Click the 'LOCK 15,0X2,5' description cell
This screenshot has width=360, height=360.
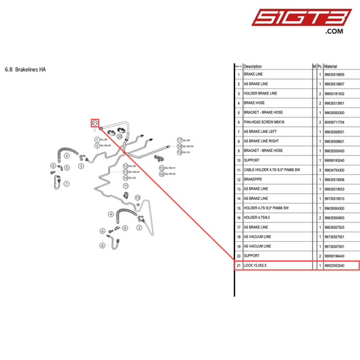pyautogui.click(x=256, y=266)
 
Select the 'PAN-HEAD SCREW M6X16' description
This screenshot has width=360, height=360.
pyautogui.click(x=265, y=122)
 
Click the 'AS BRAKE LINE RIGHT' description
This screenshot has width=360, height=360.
pyautogui.click(x=264, y=141)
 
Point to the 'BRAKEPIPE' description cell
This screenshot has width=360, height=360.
pyautogui.click(x=254, y=180)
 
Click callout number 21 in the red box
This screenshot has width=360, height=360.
pyautogui.click(x=95, y=122)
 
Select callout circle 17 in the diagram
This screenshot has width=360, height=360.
pyautogui.click(x=180, y=139)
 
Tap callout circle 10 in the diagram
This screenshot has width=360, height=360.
pyautogui.click(x=137, y=197)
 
